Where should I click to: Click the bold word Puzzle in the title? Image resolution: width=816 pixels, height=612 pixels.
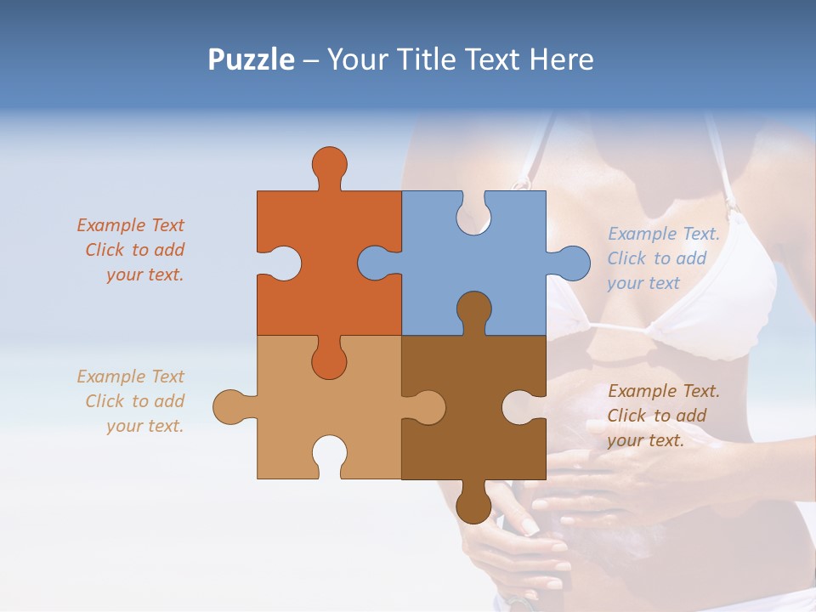click(251, 59)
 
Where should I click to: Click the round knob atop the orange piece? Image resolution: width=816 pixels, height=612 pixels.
click(329, 163)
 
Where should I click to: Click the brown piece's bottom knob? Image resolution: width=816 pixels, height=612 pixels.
click(473, 504)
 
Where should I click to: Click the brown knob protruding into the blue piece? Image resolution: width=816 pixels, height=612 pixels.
click(473, 309)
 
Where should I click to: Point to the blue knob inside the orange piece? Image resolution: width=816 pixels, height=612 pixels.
click(377, 263)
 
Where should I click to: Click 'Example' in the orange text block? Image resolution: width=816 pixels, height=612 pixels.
click(111, 225)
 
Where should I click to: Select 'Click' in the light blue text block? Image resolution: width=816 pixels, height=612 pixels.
click(626, 258)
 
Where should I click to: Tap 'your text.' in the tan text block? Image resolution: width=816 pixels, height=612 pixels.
click(144, 426)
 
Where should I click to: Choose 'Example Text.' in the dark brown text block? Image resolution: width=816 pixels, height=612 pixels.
click(664, 391)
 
